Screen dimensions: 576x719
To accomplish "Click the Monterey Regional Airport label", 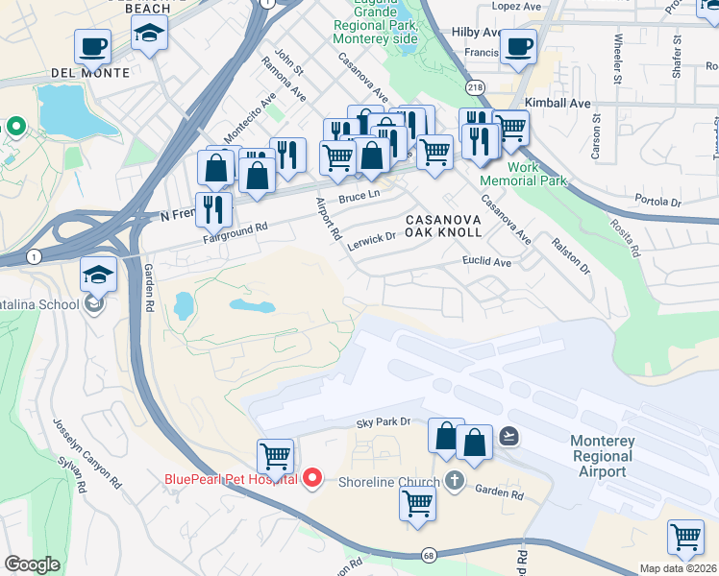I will [x=605, y=456].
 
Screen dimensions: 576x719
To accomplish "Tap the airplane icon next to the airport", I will [x=508, y=436].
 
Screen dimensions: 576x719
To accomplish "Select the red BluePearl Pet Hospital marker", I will [x=311, y=477].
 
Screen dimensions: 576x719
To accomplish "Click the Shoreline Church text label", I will [x=387, y=482].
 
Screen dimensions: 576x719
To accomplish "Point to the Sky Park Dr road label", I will [x=384, y=421].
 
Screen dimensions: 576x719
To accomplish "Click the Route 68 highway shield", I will [x=429, y=555].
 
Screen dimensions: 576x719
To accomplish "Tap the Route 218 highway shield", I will [x=476, y=86].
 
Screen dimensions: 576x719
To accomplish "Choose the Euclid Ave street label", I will [x=487, y=261].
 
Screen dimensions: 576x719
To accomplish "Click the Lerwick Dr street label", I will [x=371, y=237].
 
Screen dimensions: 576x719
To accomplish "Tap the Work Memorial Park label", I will [x=536, y=174].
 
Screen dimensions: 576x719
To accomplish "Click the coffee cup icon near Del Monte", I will [x=93, y=45].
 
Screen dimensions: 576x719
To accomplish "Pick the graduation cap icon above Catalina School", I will [x=99, y=275].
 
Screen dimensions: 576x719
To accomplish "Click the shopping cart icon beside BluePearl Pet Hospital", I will [x=275, y=456].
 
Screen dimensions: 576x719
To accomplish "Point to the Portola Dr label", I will [x=657, y=202].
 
